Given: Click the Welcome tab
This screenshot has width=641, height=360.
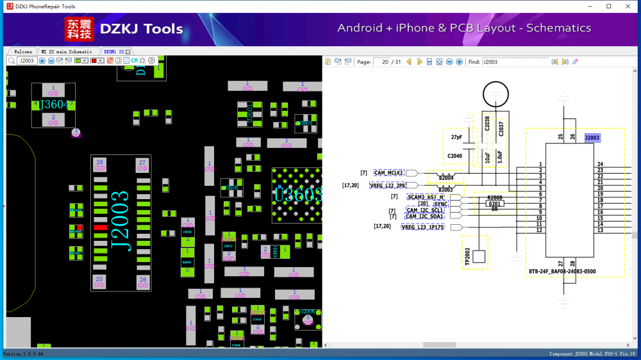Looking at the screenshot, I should click(23, 51).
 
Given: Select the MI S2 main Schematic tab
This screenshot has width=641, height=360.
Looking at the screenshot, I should click(67, 51).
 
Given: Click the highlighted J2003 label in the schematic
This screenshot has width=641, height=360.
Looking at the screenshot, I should click(592, 138).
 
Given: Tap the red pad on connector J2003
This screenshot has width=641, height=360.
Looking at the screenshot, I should click(99, 227).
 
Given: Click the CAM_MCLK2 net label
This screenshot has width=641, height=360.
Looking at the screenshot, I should click(388, 173).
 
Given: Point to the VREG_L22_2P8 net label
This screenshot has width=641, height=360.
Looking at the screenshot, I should click(388, 186).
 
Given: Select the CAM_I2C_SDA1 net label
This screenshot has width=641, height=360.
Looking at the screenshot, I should click(424, 217).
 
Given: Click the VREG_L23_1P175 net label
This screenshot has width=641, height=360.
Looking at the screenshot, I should click(422, 227).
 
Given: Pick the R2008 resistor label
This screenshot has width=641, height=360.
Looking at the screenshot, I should click(495, 198).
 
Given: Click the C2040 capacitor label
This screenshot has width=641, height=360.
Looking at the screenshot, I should click(454, 156).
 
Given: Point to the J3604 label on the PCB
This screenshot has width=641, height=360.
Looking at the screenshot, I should click(53, 105).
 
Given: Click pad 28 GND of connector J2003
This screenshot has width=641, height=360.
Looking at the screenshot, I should click(99, 165).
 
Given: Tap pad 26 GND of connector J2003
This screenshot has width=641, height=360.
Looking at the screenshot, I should click(142, 282).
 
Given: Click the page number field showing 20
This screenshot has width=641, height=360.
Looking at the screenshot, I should click(384, 62).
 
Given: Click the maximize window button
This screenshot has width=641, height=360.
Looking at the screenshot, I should click(608, 6).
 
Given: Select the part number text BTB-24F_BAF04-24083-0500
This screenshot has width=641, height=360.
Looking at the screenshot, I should click(562, 272).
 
